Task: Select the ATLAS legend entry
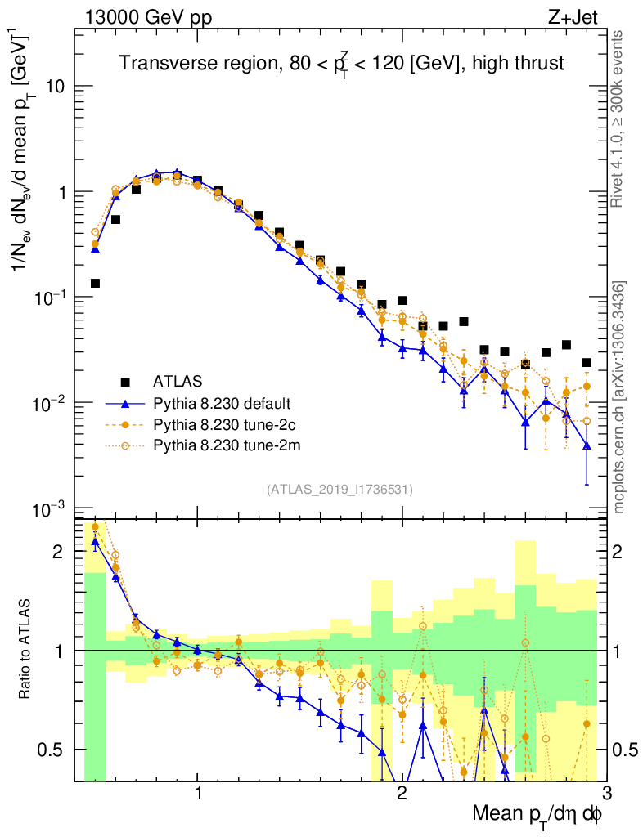click(176, 382)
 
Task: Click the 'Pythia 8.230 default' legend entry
click(223, 403)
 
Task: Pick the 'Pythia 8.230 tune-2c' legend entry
click(223, 424)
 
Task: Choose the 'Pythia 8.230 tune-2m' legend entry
click(223, 445)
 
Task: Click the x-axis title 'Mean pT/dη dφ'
click(537, 814)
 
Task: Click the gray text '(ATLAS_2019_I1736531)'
click(339, 490)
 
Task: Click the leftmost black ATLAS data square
click(95, 284)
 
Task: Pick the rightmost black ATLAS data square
click(587, 363)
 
